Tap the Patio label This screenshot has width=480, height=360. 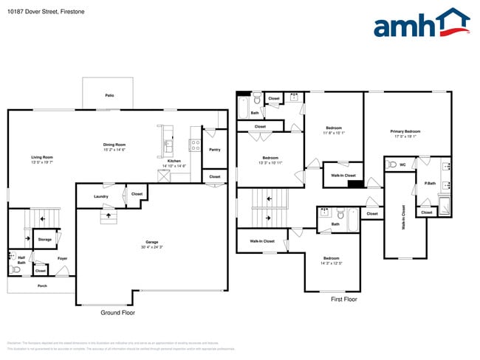[109, 95]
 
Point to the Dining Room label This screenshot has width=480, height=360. [114, 145]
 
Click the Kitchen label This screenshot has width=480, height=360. [174, 160]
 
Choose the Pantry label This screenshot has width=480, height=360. [214, 150]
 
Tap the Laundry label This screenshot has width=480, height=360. [102, 196]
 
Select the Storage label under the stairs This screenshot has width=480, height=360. [45, 240]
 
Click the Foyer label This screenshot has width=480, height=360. [63, 258]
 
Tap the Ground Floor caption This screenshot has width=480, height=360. [117, 313]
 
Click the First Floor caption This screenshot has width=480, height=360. [343, 300]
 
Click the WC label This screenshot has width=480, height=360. [402, 165]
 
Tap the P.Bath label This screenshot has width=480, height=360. [429, 182]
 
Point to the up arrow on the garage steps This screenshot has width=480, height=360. [109, 215]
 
